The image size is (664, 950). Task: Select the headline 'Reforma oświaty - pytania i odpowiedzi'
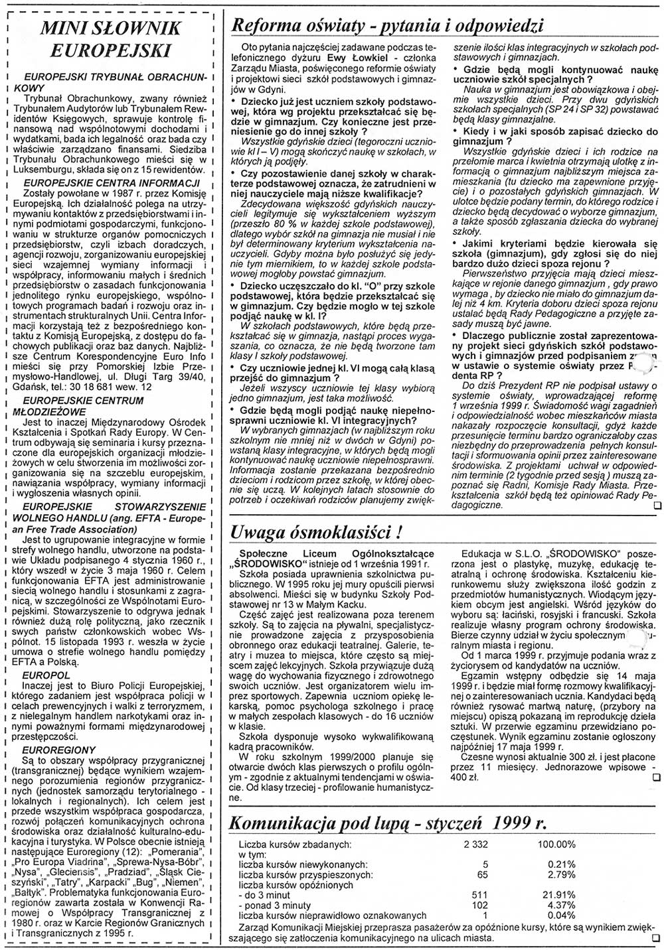click(x=386, y=25)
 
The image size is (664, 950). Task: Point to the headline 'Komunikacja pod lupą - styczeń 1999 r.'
click(x=387, y=823)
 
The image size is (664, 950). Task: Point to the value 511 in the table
click(x=479, y=895)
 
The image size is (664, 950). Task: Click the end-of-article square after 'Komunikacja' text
click(x=657, y=939)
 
